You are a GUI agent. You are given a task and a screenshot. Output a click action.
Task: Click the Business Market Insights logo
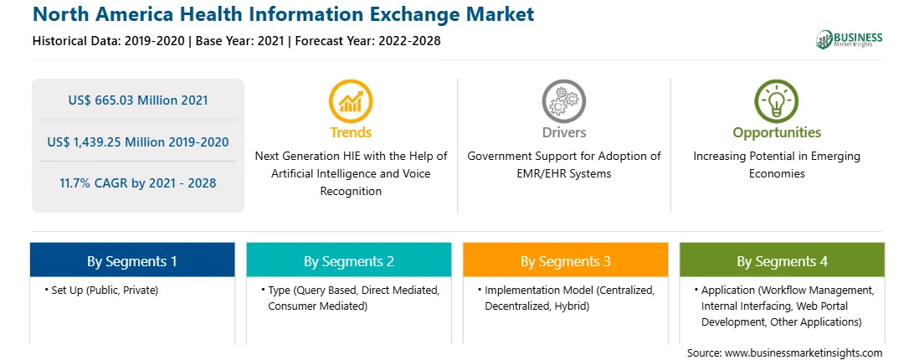pos(850,39)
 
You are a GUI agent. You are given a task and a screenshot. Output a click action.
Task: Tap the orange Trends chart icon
pos(351,101)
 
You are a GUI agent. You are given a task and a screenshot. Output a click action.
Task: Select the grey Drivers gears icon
pos(563,101)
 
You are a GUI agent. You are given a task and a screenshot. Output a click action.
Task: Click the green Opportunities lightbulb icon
pos(777,101)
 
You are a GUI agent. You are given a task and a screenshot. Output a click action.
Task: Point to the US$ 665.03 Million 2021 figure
pos(138,100)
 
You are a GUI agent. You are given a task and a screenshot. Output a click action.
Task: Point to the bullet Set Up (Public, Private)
pos(101,290)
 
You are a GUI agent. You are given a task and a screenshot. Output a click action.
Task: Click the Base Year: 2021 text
pos(239,41)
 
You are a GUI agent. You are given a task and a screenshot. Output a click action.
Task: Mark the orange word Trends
pos(351,132)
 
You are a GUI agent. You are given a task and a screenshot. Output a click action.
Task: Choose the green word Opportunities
pos(777,132)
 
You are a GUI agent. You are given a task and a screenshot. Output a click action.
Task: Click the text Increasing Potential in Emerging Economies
pos(777,165)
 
